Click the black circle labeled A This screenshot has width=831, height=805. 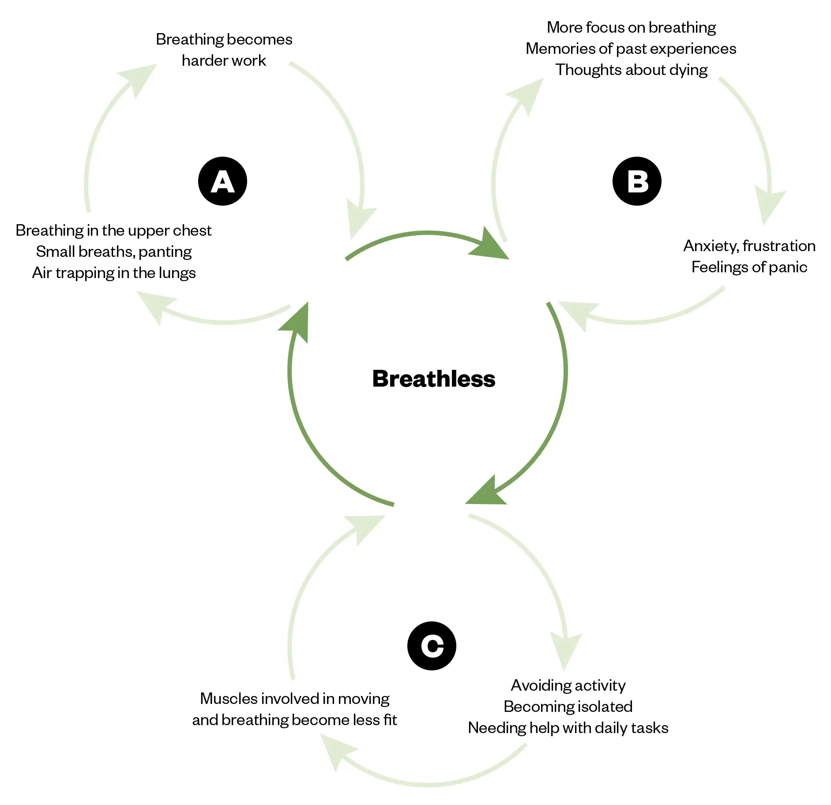pyautogui.click(x=222, y=181)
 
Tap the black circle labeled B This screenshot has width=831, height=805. pyautogui.click(x=637, y=181)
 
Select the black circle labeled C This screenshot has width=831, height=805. pyautogui.click(x=432, y=646)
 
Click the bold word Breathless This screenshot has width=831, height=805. pyautogui.click(x=434, y=379)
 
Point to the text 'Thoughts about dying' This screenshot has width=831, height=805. pyautogui.click(x=631, y=70)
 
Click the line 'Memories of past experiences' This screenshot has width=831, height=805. pyautogui.click(x=631, y=49)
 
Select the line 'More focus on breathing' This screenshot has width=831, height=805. pyautogui.click(x=631, y=27)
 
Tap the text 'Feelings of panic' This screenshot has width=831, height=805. pyautogui.click(x=749, y=267)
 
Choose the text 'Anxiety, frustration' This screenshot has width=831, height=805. pyautogui.click(x=749, y=246)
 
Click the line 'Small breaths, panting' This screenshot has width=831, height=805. pyautogui.click(x=114, y=252)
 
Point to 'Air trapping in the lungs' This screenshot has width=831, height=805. pyautogui.click(x=114, y=273)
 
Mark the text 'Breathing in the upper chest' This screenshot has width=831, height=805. pyautogui.click(x=113, y=230)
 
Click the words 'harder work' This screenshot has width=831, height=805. pyautogui.click(x=224, y=60)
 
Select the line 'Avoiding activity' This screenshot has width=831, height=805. pyautogui.click(x=568, y=685)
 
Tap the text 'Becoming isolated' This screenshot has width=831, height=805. pyautogui.click(x=568, y=707)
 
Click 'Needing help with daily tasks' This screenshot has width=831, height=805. pyautogui.click(x=568, y=728)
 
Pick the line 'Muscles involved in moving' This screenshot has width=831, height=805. pyautogui.click(x=294, y=699)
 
